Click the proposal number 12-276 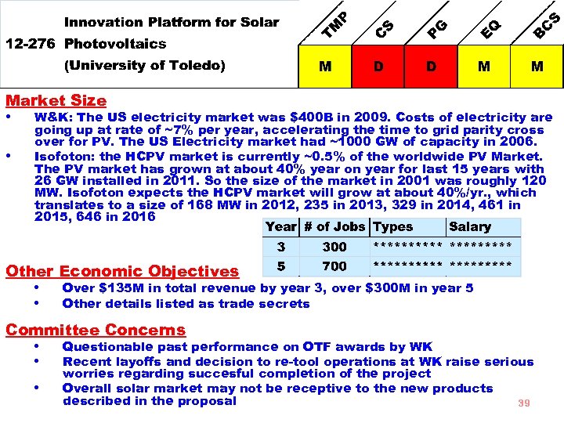(31, 44)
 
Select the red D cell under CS (378, 67)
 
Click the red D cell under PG (432, 67)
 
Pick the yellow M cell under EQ (484, 67)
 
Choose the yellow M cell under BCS (537, 67)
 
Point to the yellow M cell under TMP (325, 67)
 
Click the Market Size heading (56, 100)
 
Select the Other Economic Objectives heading (121, 272)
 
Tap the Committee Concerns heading (96, 330)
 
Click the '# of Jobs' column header (334, 227)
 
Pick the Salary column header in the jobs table (470, 227)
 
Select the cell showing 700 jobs (334, 266)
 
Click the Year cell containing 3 (280, 247)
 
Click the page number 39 (524, 403)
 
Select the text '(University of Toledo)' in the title (144, 66)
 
